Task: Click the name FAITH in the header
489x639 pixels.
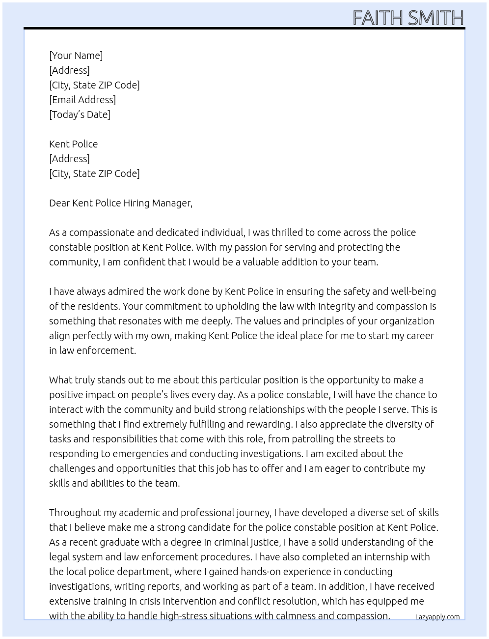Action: point(379,18)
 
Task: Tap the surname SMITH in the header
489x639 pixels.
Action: point(435,18)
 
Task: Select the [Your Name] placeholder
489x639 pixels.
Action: point(76,56)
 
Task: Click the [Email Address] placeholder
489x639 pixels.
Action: point(82,100)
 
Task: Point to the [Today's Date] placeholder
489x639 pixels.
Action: point(80,115)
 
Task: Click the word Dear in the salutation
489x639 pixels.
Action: point(59,203)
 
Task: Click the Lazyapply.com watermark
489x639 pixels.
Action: point(437,617)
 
